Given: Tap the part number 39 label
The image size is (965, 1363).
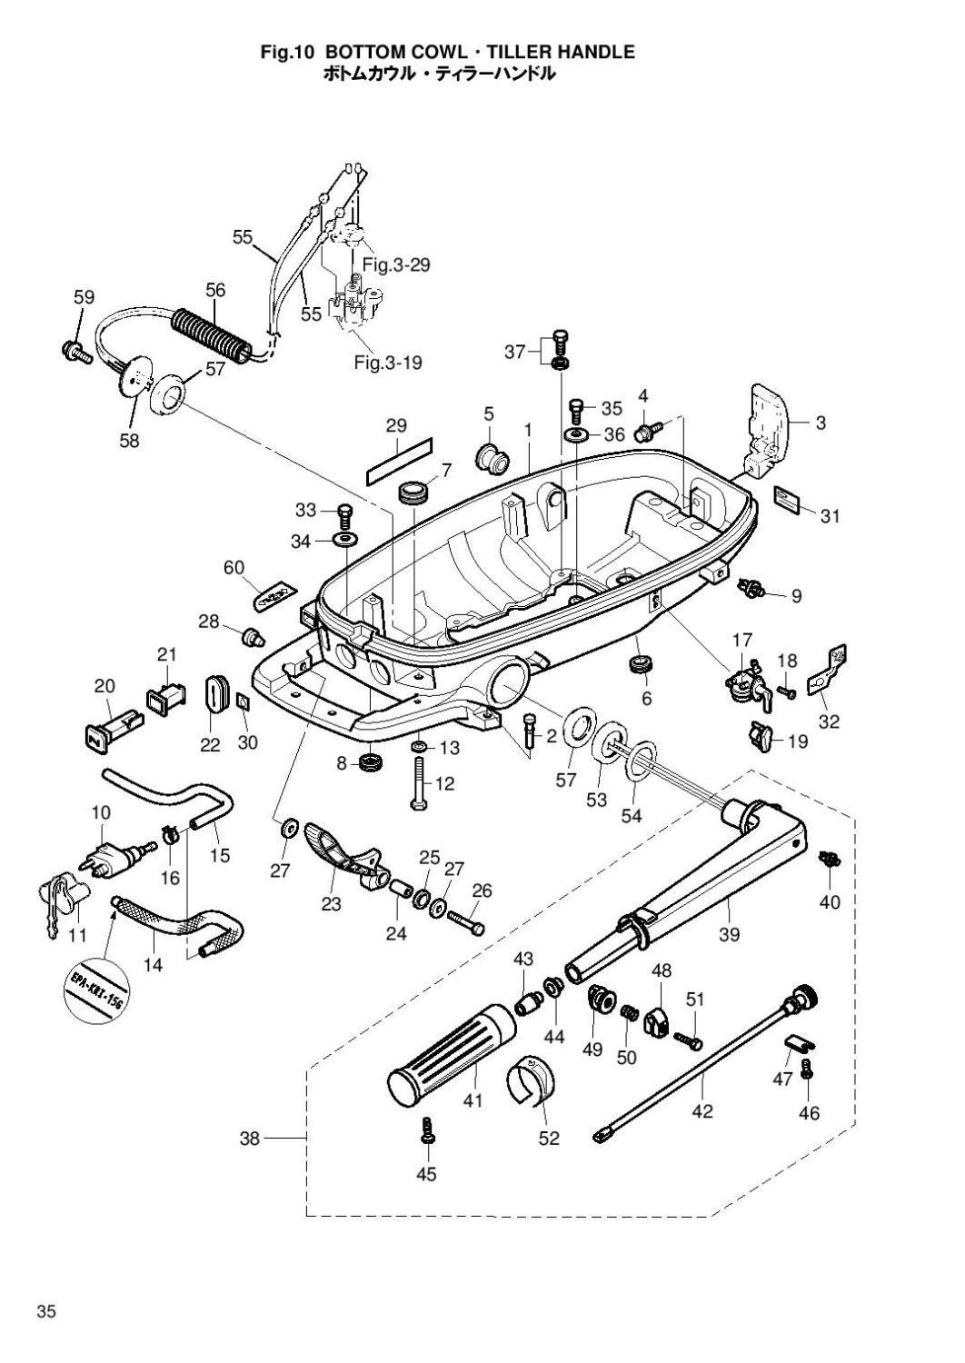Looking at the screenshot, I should (x=729, y=934).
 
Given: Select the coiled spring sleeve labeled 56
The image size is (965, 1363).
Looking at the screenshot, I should (x=212, y=333).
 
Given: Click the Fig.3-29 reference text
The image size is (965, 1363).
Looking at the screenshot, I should (x=395, y=265).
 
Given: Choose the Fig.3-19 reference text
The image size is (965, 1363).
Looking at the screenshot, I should (x=388, y=363).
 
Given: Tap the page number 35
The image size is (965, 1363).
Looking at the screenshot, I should (x=47, y=1311).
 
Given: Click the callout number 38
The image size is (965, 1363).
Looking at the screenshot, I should (x=250, y=1138).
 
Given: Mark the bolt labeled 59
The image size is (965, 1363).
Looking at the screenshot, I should (x=75, y=351).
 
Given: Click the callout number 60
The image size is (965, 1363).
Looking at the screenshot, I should (x=234, y=568).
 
